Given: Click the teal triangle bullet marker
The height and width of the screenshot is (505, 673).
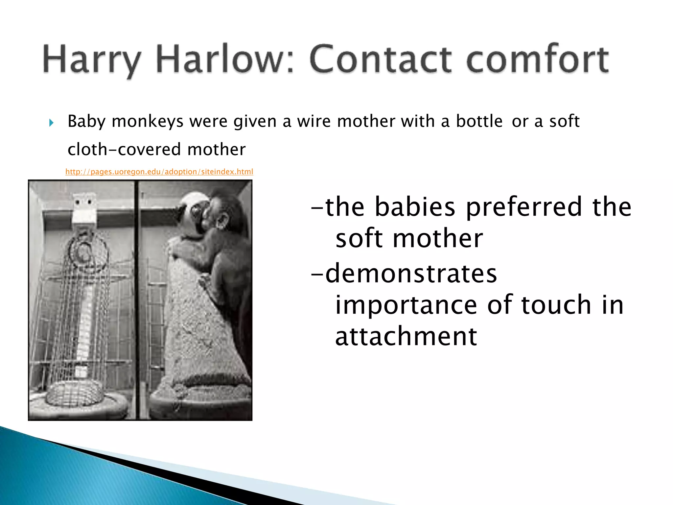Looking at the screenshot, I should pos(51,123).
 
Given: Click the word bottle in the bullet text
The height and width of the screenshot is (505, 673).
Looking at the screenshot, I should pos(479,121).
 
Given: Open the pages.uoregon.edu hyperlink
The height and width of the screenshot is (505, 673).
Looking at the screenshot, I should pos(159,172).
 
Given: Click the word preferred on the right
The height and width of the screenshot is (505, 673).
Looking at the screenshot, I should pos(524,207).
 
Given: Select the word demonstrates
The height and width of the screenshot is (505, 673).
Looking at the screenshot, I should pos(411,274).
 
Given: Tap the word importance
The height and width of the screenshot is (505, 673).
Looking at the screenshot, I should pos(406,305).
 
